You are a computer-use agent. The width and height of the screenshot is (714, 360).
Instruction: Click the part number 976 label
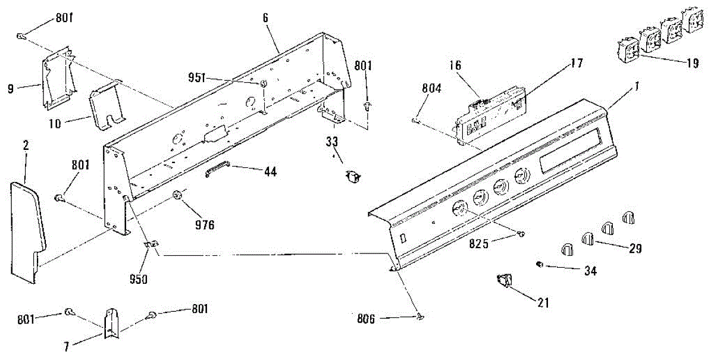click(204, 225)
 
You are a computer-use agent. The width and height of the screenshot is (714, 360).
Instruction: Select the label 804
click(431, 89)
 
